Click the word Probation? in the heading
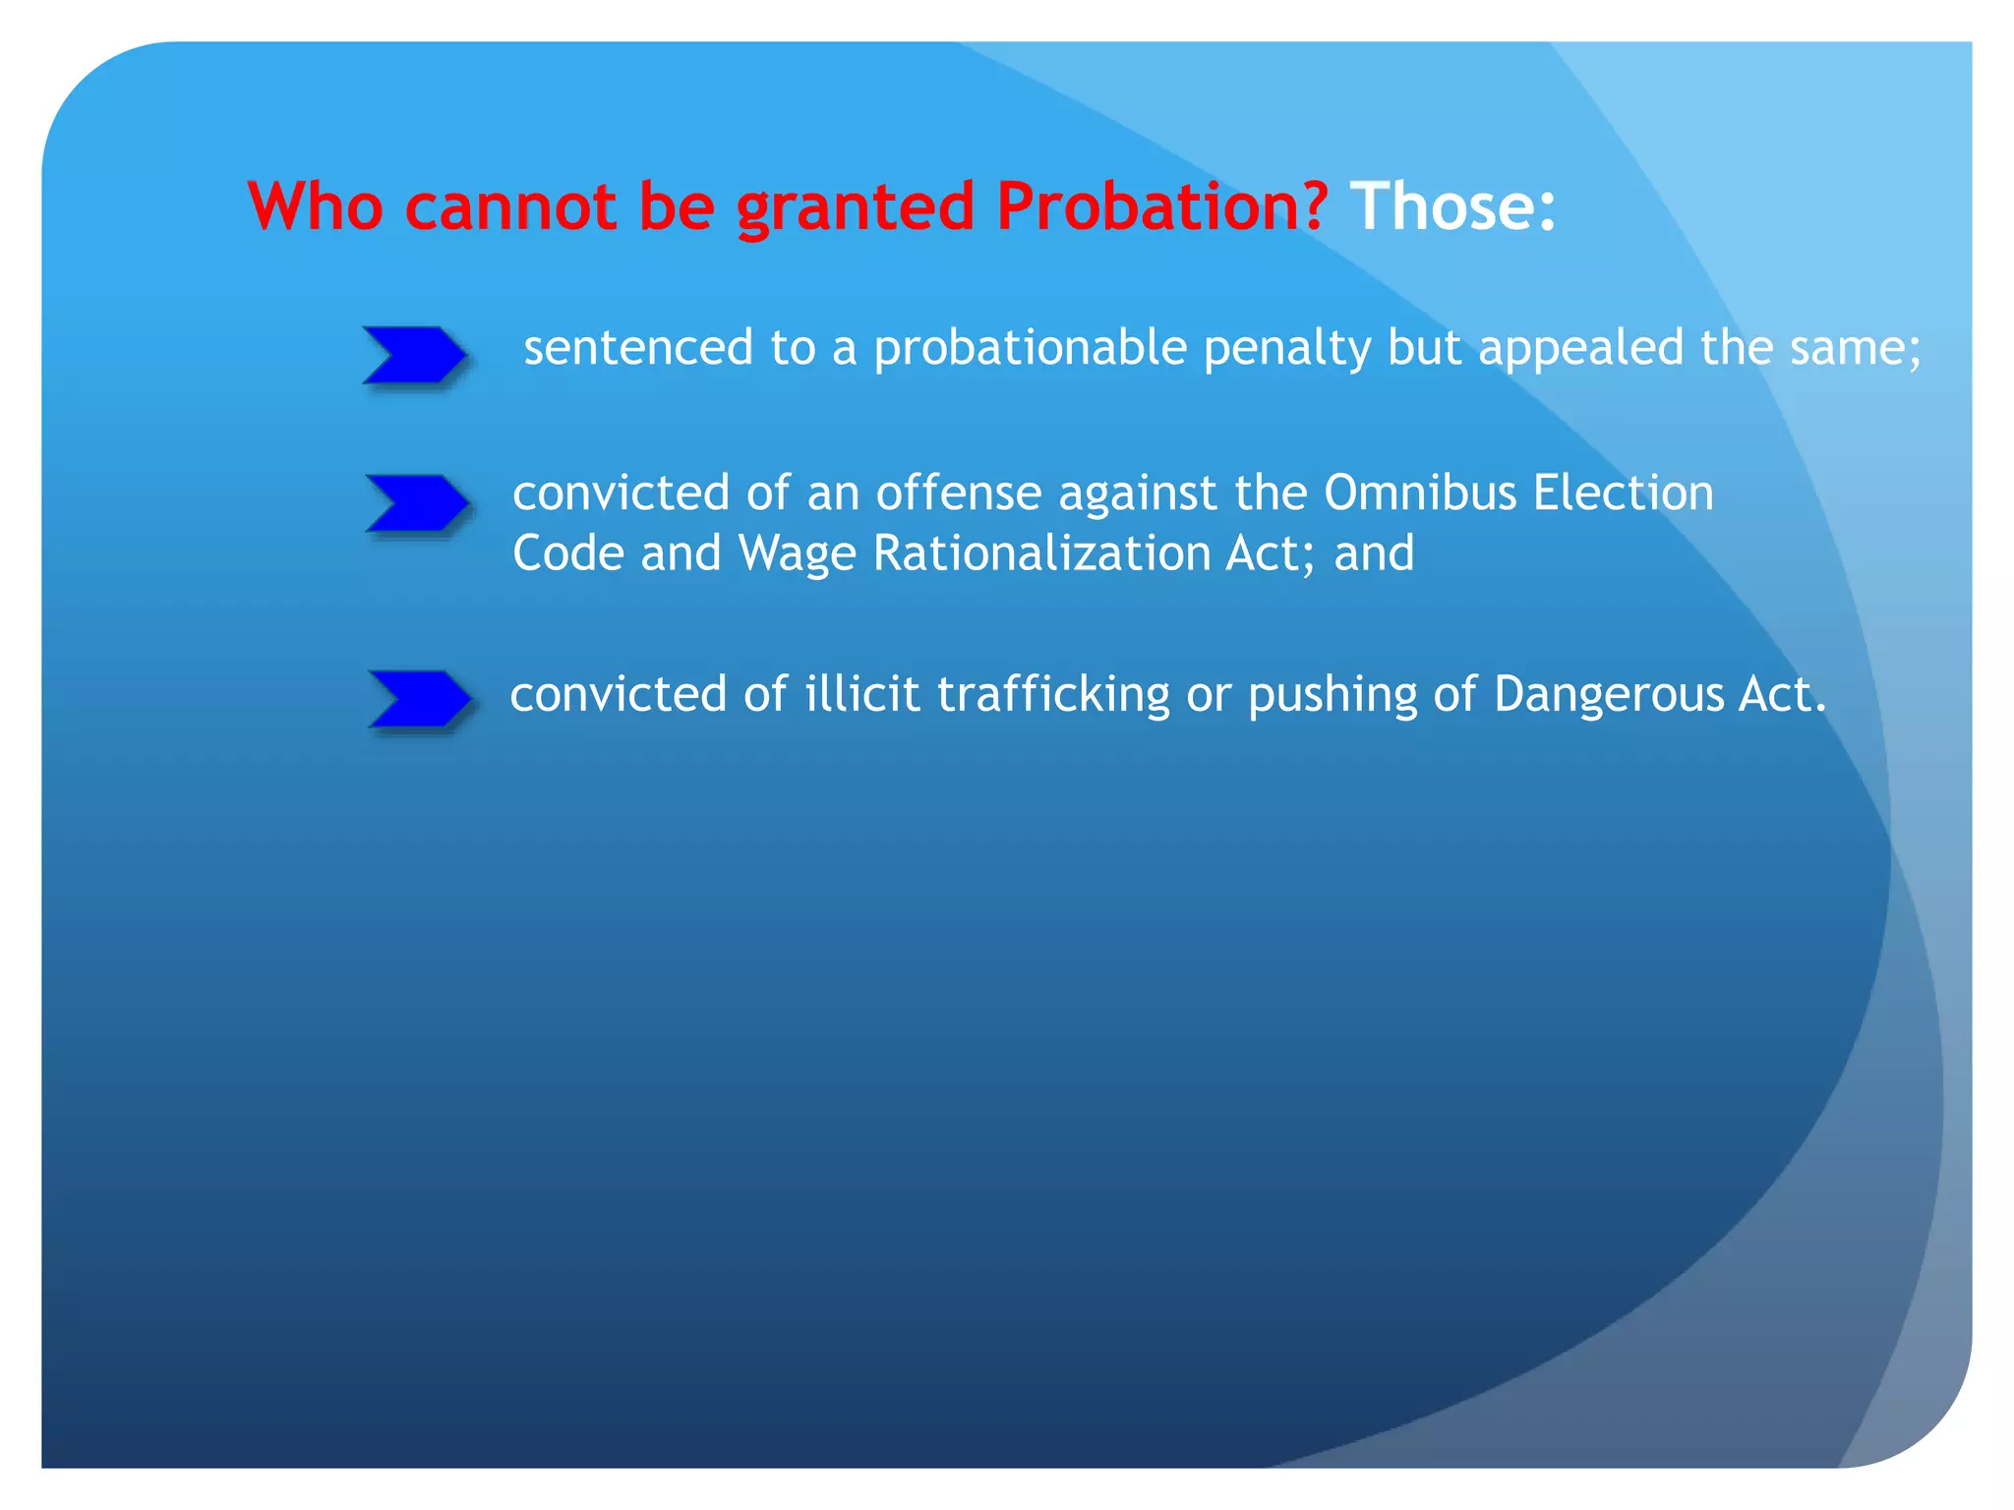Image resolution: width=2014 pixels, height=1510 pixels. click(x=1161, y=207)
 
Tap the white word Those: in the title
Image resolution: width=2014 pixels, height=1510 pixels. click(x=1453, y=207)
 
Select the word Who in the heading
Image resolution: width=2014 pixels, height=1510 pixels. click(x=315, y=207)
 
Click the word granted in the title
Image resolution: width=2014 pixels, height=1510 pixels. click(x=855, y=207)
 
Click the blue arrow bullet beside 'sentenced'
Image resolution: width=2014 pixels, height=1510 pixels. click(x=414, y=355)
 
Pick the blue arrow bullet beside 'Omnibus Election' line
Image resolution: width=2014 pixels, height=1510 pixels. click(x=417, y=503)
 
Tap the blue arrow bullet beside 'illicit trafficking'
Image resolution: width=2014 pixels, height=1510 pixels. click(x=419, y=699)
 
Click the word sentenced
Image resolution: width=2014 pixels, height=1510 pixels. click(x=637, y=348)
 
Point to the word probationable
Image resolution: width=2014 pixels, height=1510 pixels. click(x=1030, y=348)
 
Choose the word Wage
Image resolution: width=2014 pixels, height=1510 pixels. click(x=797, y=553)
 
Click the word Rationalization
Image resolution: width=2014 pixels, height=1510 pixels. click(x=1040, y=553)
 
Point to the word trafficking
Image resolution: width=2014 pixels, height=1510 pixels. click(x=1052, y=694)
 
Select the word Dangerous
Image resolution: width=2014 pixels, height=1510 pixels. click(x=1608, y=694)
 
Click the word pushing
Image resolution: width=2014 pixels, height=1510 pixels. click(x=1332, y=694)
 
